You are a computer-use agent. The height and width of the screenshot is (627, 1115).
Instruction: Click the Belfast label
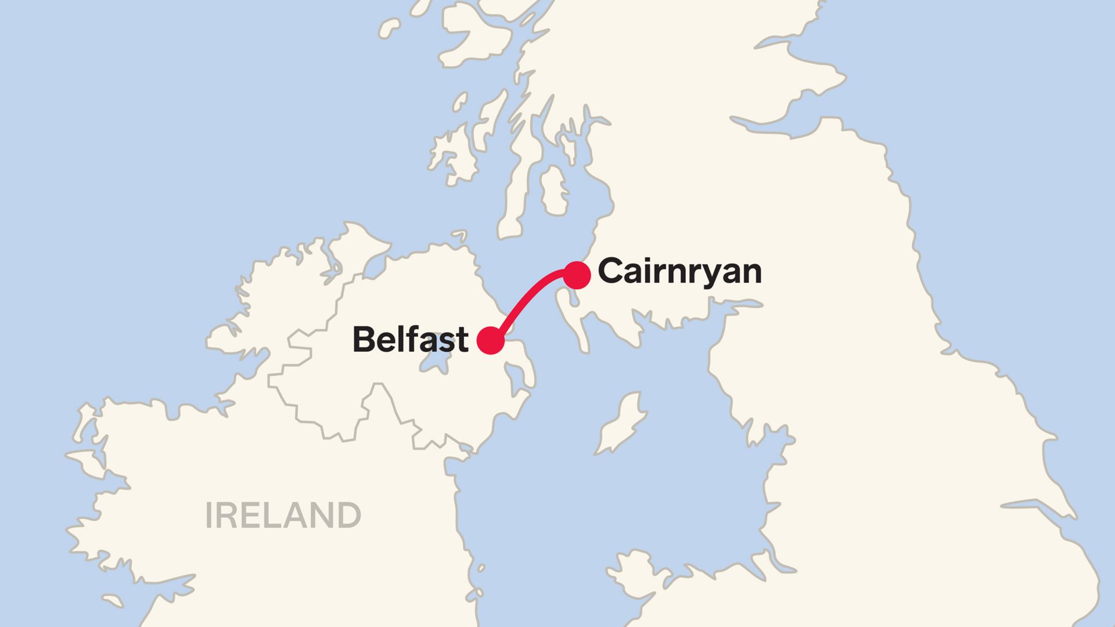pos(410,340)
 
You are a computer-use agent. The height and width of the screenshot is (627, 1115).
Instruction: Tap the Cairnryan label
pos(679,272)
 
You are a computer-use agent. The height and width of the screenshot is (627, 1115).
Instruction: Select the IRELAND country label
pos(283,516)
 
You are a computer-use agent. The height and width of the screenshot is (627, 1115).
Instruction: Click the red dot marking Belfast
pos(490,340)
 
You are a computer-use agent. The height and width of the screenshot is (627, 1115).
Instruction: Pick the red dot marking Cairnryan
pos(577,275)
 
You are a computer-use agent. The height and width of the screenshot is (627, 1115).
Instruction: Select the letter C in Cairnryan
pos(610,272)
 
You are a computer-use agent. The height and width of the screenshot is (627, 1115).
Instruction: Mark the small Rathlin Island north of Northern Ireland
pos(459,235)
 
